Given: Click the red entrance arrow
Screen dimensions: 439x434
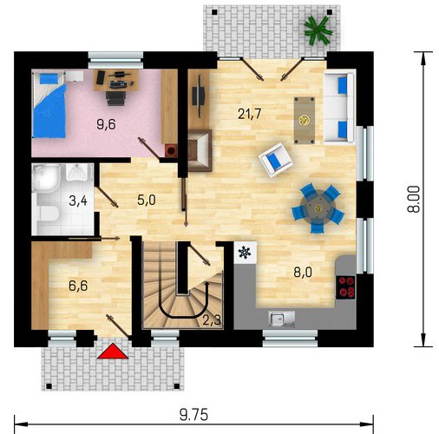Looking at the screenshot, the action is [113, 352].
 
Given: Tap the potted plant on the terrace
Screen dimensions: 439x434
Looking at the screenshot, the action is [318, 30].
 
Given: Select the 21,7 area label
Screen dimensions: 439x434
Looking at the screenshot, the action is [250, 114].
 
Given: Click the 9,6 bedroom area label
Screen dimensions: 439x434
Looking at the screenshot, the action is [106, 124].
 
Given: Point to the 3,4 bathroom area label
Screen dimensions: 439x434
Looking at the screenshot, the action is [78, 201].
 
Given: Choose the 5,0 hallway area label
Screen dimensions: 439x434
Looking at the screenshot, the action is [147, 200].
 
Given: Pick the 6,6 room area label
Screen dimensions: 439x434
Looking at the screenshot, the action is [78, 286].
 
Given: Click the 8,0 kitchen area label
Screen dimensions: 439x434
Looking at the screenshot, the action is [303, 273].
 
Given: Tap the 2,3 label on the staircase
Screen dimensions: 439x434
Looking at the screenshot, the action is [212, 320].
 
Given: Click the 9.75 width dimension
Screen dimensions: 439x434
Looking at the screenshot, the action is [193, 415].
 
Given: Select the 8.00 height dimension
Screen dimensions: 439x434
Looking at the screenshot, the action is [414, 199].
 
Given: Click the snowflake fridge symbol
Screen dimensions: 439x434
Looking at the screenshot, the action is [245, 253].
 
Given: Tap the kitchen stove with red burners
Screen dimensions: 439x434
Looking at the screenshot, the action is [345, 287].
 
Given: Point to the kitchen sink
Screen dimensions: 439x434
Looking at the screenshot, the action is [281, 319].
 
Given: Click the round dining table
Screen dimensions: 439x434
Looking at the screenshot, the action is [318, 208].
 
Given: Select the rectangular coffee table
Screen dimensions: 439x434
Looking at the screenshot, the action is [305, 121].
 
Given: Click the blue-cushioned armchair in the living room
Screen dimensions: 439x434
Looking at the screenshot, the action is [276, 160].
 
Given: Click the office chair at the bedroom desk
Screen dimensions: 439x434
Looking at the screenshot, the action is [115, 97].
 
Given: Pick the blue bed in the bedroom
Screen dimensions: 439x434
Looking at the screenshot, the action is [49, 105].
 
